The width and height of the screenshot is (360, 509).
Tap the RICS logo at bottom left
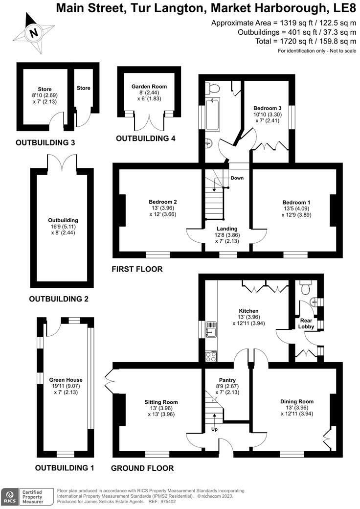pos(9,496)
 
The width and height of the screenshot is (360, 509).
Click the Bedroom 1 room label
pos(296,203)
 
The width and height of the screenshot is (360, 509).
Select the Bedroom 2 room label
pos(163,202)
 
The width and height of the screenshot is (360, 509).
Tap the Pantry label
pos(227,380)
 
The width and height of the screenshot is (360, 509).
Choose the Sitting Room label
pos(161,402)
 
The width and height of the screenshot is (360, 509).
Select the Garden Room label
pos(149,87)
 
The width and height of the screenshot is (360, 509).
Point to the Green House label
pos(66,379)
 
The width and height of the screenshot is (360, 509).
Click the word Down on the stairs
pos(237,178)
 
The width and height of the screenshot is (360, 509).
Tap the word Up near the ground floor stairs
pos(214,429)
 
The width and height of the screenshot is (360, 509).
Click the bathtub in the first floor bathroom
pos(212,115)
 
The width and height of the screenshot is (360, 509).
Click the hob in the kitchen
pos(211,356)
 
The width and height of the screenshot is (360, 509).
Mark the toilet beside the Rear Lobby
pos(307,288)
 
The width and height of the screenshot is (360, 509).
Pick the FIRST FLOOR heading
pos(137,269)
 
